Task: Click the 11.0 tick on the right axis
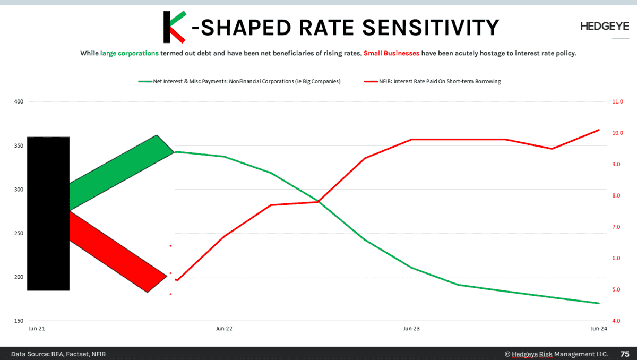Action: [x=618, y=101]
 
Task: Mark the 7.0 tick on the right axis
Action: [x=618, y=227]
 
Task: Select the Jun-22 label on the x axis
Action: [x=224, y=329]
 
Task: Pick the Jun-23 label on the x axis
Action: [x=411, y=329]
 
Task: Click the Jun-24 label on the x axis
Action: [x=599, y=329]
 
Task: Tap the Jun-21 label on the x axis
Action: [x=37, y=329]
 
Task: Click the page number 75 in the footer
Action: [x=625, y=354]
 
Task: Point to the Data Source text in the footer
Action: [x=58, y=354]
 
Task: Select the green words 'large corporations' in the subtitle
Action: [x=129, y=53]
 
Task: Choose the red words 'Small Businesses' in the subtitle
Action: [x=391, y=53]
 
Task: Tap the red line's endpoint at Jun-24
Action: [x=599, y=130]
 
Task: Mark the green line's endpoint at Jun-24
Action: [x=599, y=303]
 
